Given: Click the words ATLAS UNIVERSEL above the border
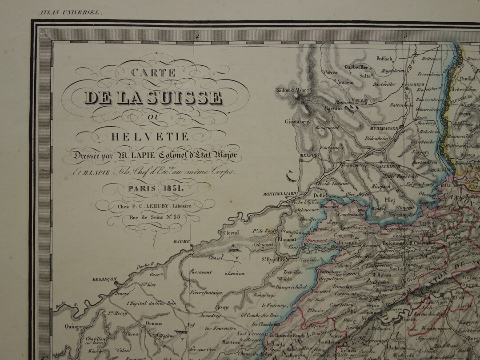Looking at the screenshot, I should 71,13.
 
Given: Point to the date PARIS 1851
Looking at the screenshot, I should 152,188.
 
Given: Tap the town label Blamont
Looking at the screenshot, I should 287,239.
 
